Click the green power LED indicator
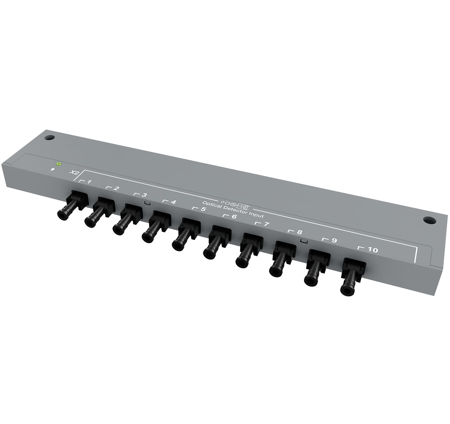point(58,164)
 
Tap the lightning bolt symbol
point(52,169)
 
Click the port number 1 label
point(89,182)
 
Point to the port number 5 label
point(203,209)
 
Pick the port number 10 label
point(373,250)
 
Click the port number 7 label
point(266,224)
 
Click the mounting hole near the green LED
point(49,138)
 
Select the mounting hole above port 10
point(429,220)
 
